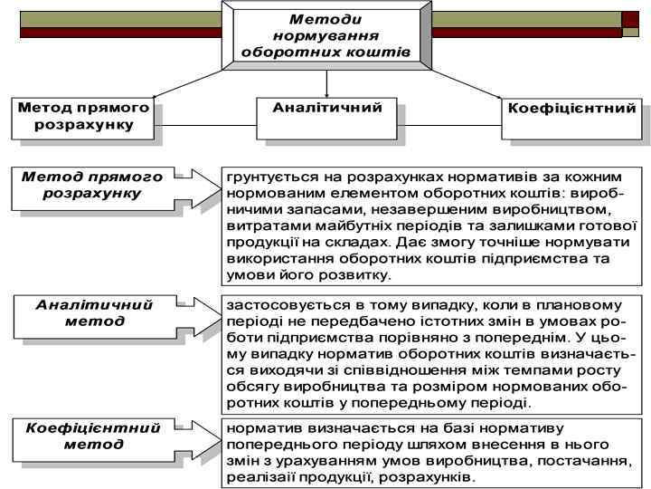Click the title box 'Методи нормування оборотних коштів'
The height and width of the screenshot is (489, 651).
(x=325, y=35)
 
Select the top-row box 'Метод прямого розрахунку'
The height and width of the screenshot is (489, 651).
(x=83, y=117)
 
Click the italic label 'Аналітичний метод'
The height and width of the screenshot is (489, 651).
(x=94, y=312)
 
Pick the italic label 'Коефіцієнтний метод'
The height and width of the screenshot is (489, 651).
(x=93, y=436)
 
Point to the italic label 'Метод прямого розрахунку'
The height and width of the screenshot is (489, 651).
(x=92, y=186)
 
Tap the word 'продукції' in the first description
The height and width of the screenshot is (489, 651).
(x=256, y=242)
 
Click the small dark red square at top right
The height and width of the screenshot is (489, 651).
(x=630, y=19)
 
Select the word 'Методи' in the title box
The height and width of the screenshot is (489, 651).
(x=325, y=18)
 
